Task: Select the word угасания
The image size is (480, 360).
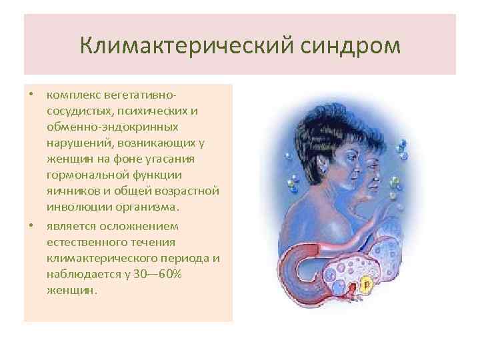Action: click(x=171, y=158)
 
